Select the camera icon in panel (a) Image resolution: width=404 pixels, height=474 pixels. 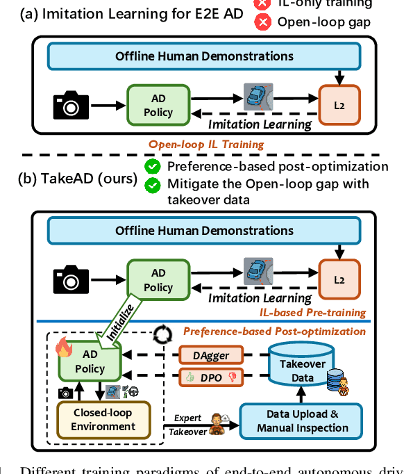(x=71, y=105)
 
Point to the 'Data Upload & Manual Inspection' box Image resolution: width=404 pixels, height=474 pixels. (x=302, y=420)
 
